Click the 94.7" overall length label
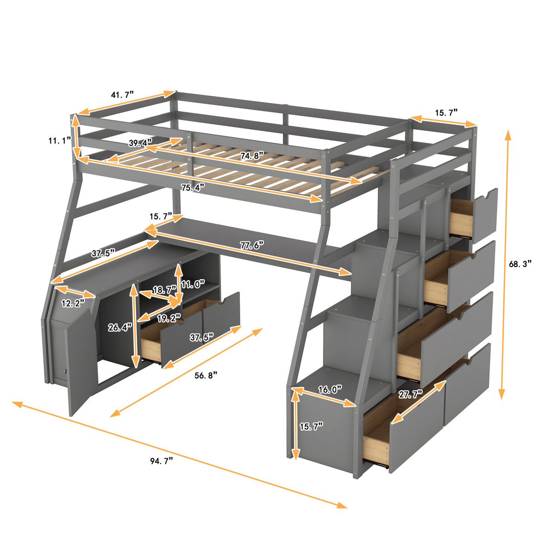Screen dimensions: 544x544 (162, 461)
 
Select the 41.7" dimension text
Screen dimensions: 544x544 (122, 95)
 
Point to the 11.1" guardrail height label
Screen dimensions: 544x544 (60, 141)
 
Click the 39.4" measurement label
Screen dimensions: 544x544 (141, 144)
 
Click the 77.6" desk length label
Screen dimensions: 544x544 (252, 245)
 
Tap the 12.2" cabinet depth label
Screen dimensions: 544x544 (73, 303)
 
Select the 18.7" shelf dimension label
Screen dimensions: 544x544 (164, 290)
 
